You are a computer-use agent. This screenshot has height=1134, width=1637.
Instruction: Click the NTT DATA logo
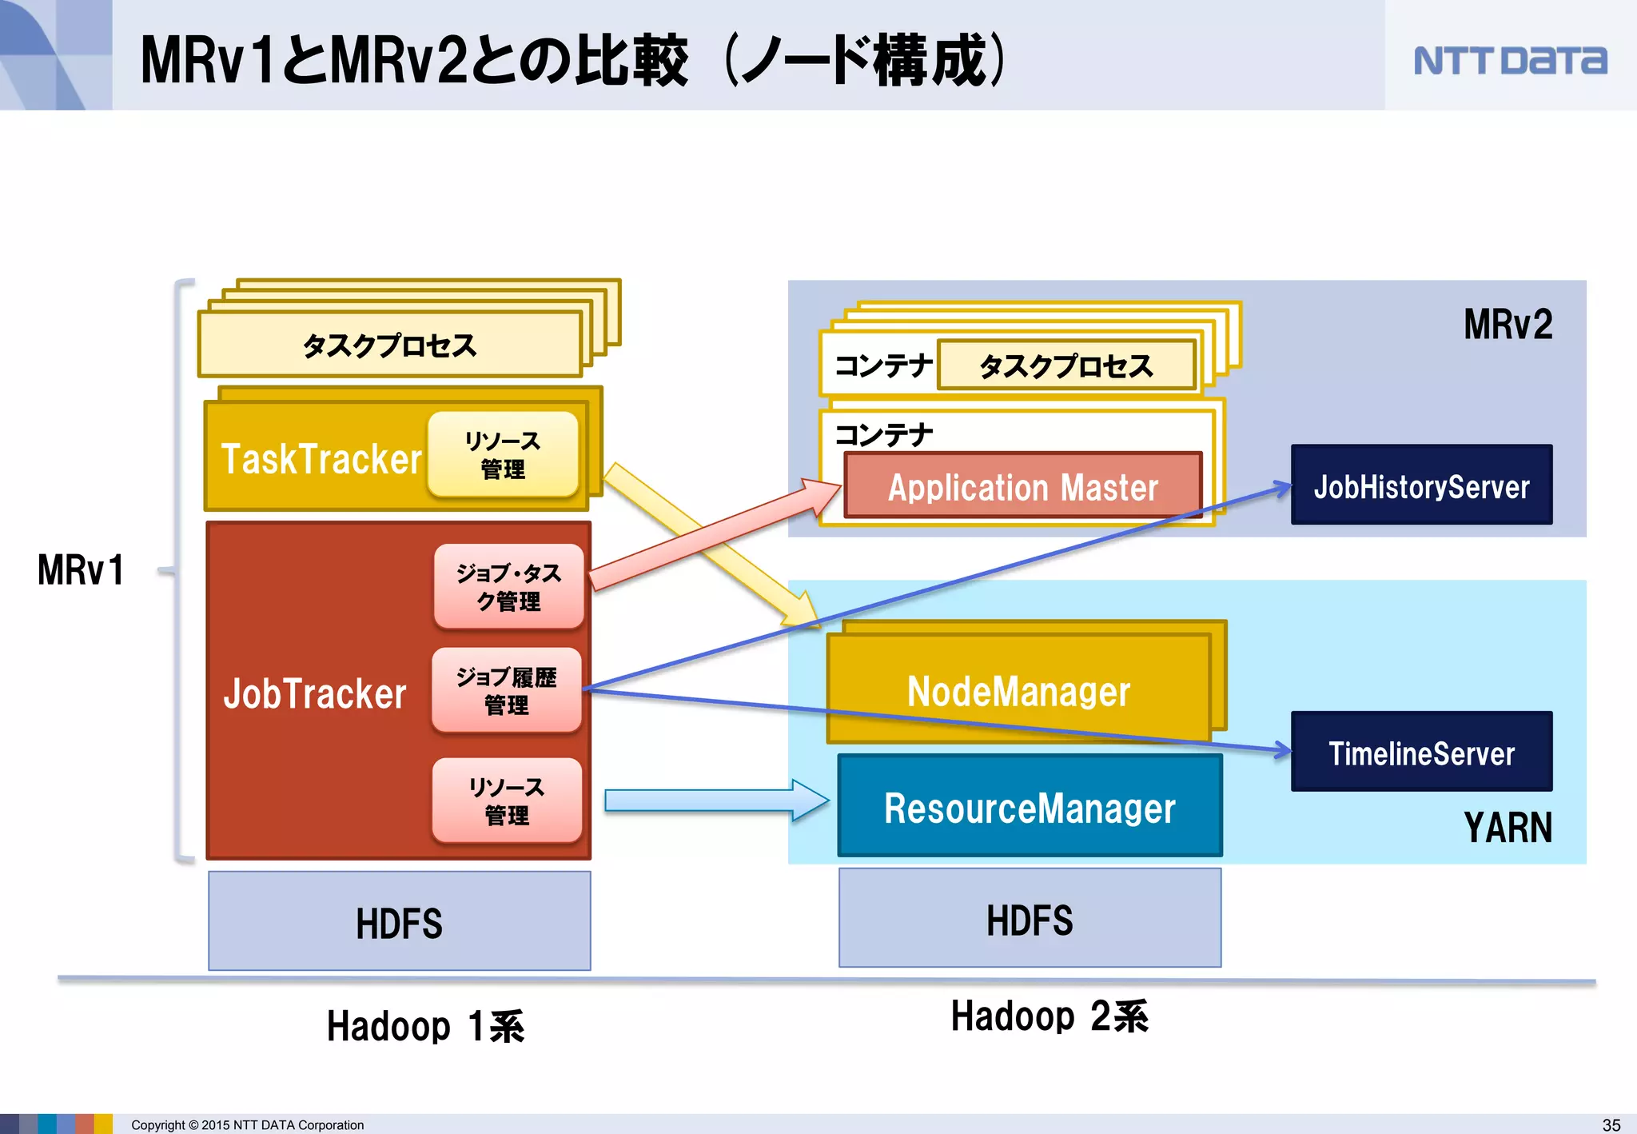pyautogui.click(x=1509, y=61)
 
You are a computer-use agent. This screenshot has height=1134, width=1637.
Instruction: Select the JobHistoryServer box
pyautogui.click(x=1421, y=485)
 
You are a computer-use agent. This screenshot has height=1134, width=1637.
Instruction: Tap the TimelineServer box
pyautogui.click(x=1421, y=753)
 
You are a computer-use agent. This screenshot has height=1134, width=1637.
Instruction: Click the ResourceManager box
pyautogui.click(x=1030, y=807)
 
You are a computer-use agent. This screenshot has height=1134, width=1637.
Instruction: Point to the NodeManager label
pyautogui.click(x=1018, y=691)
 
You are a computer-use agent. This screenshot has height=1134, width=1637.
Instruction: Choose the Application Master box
pyautogui.click(x=1022, y=487)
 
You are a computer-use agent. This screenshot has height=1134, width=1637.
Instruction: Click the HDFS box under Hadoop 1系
pyautogui.click(x=399, y=922)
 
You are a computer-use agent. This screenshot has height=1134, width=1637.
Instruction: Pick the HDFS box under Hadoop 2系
pyautogui.click(x=1030, y=919)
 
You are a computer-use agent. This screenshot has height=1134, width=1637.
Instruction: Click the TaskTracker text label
pyautogui.click(x=321, y=459)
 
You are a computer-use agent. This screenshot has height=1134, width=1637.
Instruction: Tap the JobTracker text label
pyautogui.click(x=315, y=693)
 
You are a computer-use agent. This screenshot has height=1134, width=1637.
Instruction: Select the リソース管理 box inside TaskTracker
pyautogui.click(x=503, y=454)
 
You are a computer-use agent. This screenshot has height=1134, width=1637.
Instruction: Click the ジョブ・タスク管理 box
pyautogui.click(x=508, y=587)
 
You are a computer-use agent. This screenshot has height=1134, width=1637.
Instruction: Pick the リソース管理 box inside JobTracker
pyautogui.click(x=507, y=801)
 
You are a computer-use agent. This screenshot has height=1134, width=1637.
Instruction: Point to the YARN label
pyautogui.click(x=1507, y=828)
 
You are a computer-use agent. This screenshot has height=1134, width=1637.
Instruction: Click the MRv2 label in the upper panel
pyautogui.click(x=1507, y=325)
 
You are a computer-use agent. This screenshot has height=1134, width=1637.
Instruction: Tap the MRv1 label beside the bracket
pyautogui.click(x=81, y=570)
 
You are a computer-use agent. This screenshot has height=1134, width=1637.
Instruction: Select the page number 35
pyautogui.click(x=1611, y=1124)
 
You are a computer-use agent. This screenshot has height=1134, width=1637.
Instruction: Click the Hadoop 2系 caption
pyautogui.click(x=1049, y=1016)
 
